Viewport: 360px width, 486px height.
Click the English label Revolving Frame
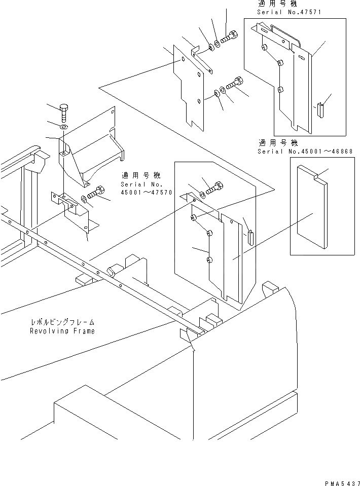(61, 331)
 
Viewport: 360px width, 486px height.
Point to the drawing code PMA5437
(340, 479)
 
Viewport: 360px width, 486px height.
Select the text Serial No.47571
(290, 11)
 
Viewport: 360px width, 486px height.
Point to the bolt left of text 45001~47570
(96, 193)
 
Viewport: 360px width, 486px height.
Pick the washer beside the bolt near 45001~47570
(83, 199)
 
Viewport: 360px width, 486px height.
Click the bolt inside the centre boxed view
(214, 187)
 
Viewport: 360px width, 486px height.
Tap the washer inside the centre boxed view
(202, 194)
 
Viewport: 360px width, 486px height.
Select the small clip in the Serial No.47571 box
(320, 109)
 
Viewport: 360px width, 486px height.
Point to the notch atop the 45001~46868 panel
(317, 176)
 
